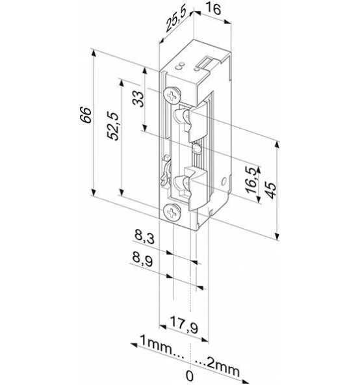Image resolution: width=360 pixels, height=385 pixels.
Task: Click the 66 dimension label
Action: point(85,114)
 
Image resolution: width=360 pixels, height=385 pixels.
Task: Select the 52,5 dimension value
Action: point(113,126)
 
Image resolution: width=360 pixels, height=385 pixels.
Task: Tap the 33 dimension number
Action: point(138,99)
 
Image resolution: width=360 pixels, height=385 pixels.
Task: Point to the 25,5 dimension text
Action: point(175,19)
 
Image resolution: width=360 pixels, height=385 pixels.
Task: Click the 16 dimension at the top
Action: point(213,8)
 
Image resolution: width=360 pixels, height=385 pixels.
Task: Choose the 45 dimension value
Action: point(270,191)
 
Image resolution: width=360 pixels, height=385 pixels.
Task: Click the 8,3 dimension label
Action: point(144,237)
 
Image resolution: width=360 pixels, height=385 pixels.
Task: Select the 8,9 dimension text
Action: point(142,259)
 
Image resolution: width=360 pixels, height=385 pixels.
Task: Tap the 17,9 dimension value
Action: point(184,325)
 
